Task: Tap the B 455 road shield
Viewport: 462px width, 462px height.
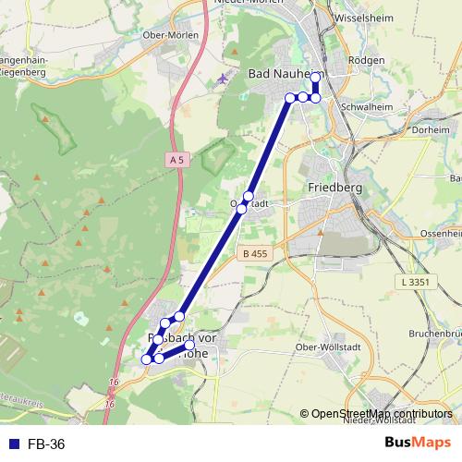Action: coord(253,254)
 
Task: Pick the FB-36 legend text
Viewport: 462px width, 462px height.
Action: coord(46,444)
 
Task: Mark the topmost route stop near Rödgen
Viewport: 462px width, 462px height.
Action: coord(315,77)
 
